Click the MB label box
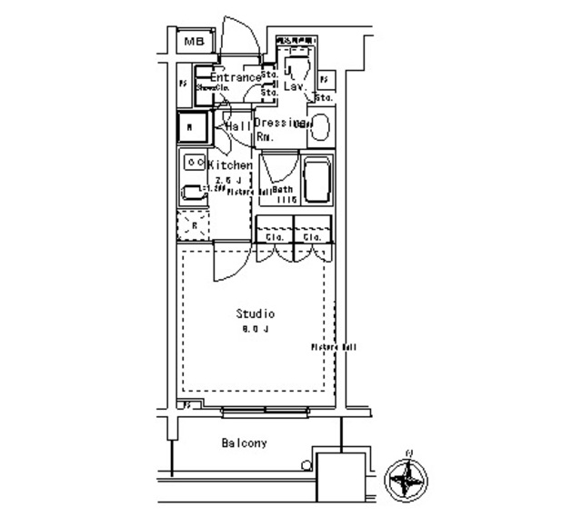click(194, 41)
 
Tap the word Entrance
click(236, 78)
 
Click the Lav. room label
click(294, 88)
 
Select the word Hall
click(238, 126)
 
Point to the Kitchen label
click(231, 165)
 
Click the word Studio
click(256, 313)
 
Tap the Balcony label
click(244, 443)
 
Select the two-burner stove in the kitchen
click(195, 163)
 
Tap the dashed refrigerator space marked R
click(192, 224)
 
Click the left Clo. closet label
click(276, 237)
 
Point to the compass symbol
click(406, 477)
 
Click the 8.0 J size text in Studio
click(256, 328)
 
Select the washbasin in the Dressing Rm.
click(320, 128)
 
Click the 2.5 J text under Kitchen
click(226, 180)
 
